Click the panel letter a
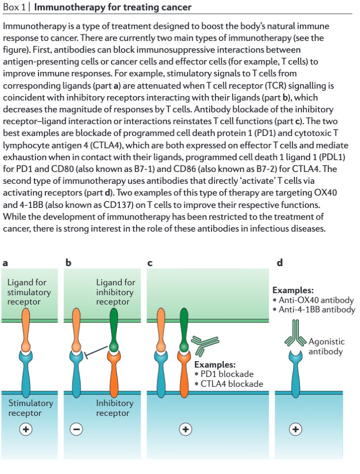(x=5, y=263)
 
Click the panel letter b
(x=69, y=263)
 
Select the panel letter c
(x=150, y=263)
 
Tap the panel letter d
(x=280, y=263)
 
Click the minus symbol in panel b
(x=76, y=429)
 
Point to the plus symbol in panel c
(x=185, y=429)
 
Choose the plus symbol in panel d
(x=295, y=429)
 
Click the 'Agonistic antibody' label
(x=326, y=346)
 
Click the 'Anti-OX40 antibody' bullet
(x=315, y=300)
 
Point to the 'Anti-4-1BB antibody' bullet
(x=315, y=309)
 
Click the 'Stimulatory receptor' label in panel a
(x=31, y=408)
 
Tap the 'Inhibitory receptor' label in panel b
(x=115, y=408)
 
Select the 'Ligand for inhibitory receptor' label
(x=115, y=292)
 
